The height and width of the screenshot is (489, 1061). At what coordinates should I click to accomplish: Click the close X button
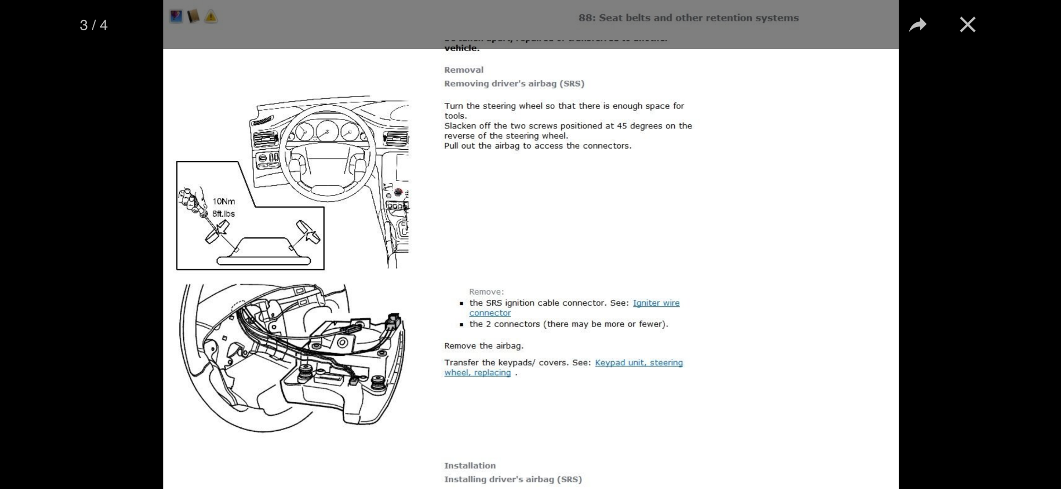click(967, 24)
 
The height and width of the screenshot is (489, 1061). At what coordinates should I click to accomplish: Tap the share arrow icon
click(917, 24)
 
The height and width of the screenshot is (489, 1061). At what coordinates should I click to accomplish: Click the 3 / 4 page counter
click(93, 25)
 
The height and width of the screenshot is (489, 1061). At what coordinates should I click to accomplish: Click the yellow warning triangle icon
click(211, 17)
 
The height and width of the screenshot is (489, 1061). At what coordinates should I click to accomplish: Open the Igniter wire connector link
click(656, 303)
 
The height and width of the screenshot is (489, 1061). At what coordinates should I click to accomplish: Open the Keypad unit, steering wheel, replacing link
click(638, 363)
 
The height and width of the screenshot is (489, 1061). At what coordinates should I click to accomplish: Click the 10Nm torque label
click(223, 201)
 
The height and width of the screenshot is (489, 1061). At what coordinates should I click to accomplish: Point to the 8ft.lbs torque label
click(223, 213)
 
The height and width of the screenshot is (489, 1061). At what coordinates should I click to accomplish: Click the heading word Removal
click(464, 70)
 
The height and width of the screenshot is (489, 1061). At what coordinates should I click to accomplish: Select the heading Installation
click(469, 466)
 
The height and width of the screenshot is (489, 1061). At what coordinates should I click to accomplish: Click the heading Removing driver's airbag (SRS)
click(514, 83)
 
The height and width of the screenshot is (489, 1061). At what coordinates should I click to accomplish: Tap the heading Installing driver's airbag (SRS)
click(512, 479)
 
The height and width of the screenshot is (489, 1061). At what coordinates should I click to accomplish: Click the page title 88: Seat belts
click(688, 18)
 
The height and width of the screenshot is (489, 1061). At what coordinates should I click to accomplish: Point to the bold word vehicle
click(462, 48)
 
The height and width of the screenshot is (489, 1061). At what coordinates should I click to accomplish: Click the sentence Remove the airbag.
click(483, 346)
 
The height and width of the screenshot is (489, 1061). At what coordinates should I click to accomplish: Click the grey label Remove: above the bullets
click(486, 291)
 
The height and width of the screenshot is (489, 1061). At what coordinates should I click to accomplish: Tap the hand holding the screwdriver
click(191, 200)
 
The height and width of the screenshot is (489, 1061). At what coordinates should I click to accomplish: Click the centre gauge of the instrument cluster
click(327, 131)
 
